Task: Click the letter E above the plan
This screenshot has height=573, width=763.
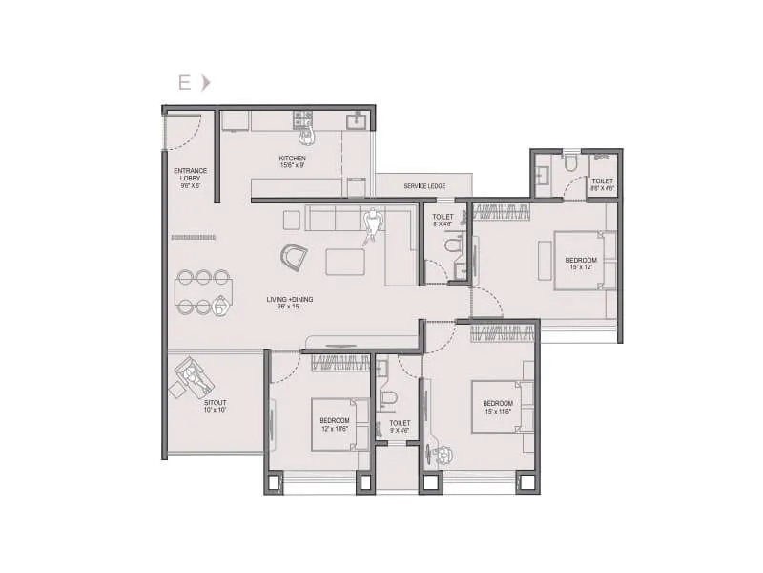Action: [182, 82]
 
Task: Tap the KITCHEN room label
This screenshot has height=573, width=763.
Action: [292, 161]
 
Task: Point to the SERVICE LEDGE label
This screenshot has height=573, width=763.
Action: [423, 185]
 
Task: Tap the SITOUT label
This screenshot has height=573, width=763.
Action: [215, 406]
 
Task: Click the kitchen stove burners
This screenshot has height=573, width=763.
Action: [302, 119]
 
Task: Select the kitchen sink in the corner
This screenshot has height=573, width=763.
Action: [360, 120]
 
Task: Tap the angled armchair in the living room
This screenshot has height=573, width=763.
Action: [294, 256]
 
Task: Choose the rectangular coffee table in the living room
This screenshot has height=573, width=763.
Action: [344, 262]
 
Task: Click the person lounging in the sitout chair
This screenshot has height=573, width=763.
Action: [196, 377]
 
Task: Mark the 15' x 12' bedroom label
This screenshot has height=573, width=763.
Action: [580, 264]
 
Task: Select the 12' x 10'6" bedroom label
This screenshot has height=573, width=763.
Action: [334, 425]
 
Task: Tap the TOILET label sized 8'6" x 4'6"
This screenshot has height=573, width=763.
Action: [602, 184]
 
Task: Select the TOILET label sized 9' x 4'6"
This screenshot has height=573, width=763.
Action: [400, 426]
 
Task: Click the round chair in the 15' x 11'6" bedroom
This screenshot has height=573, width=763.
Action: [441, 454]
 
